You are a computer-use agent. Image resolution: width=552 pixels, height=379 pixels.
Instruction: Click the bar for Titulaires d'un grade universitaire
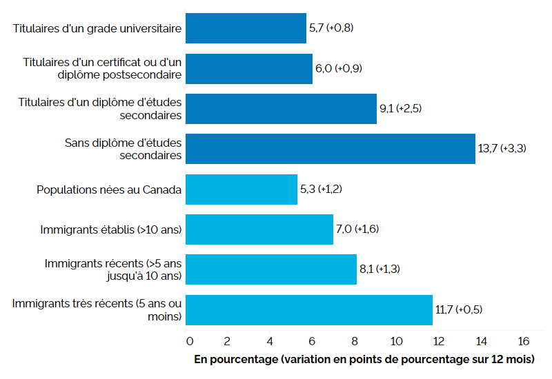pos(246,28)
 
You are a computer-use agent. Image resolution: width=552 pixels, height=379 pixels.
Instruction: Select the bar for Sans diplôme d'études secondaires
pos(331,148)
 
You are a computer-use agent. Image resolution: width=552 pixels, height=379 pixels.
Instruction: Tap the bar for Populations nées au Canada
pos(241,189)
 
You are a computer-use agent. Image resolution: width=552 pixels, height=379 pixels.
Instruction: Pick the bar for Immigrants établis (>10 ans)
pos(259,229)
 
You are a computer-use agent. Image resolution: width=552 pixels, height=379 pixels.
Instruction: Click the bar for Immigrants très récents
pos(309,309)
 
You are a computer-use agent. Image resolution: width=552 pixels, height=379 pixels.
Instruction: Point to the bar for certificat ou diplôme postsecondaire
pos(249,68)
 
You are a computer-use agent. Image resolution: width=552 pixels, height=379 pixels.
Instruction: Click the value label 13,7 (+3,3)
pos(502,148)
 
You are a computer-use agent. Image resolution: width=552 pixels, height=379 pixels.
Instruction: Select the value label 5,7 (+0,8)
pos(333,28)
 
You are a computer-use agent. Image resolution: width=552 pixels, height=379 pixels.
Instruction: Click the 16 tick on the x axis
pos(523,341)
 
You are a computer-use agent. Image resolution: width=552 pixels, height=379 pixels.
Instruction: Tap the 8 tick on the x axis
pos(355,341)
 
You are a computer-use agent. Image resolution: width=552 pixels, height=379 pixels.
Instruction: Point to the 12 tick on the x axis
pos(439,341)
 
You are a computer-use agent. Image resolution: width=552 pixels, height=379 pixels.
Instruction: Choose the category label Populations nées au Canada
pos(109,189)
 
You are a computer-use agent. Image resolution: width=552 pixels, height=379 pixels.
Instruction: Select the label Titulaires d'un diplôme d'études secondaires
pos(100,108)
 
